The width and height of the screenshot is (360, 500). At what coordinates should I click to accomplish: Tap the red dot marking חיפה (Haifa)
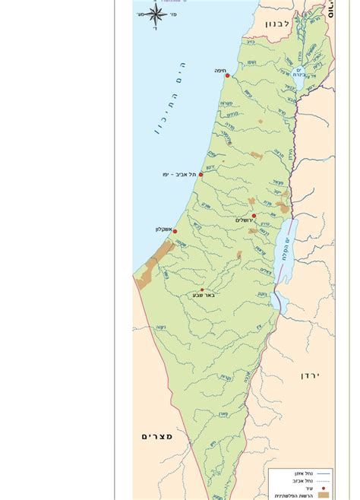[x=227, y=76]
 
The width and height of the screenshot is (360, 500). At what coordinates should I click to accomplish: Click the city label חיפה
[x=219, y=70]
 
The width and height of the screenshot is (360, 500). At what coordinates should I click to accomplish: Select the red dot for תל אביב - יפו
[x=201, y=174]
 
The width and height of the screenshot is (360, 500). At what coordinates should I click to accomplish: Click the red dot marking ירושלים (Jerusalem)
[x=254, y=216]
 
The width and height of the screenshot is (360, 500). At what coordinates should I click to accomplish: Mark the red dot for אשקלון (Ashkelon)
[x=175, y=231]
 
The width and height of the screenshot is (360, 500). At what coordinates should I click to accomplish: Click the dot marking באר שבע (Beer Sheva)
[x=202, y=290]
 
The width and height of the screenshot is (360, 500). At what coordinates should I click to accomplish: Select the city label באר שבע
[x=204, y=296]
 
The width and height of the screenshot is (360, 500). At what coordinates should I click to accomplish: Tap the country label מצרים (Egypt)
[x=157, y=436]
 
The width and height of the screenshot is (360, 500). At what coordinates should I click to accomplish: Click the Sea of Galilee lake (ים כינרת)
[x=300, y=72]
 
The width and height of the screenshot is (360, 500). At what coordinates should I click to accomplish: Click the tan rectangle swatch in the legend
[x=324, y=495]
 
